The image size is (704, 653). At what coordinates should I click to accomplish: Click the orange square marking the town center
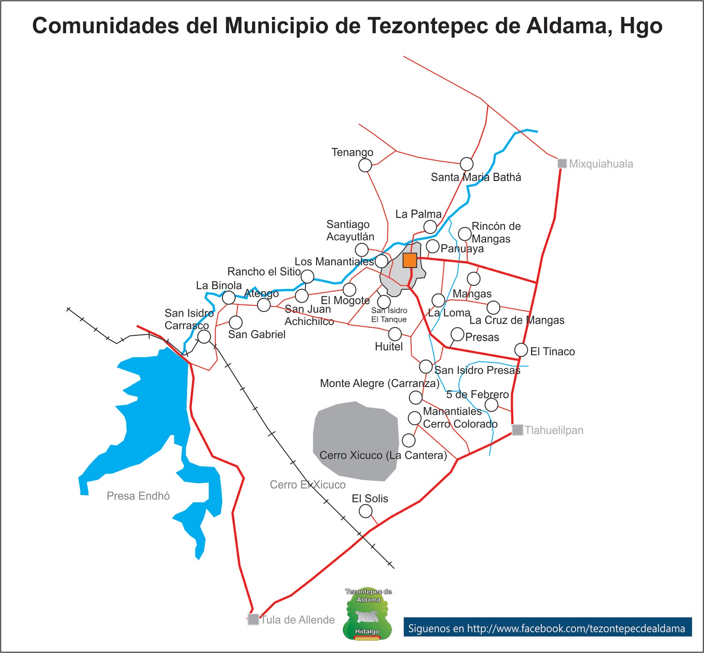pos(410,260)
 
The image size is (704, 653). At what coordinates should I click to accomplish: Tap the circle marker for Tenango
pos(365,165)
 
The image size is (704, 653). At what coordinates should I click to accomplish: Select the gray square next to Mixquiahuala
pos(562,164)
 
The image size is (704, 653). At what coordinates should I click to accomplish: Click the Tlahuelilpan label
pos(554,430)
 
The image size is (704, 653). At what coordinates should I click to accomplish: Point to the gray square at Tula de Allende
pos(253,619)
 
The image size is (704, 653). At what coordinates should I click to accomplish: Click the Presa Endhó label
pos(138,496)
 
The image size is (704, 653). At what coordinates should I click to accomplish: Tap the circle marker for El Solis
pos(366,511)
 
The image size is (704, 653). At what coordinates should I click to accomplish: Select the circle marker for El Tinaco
pos(521,350)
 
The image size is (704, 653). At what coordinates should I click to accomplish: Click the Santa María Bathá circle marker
pos(466,164)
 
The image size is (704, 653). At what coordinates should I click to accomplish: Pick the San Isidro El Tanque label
pos(389,315)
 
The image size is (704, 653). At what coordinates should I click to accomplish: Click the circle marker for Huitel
pos(395,334)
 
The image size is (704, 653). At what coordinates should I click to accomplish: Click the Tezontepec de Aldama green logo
pos(367,613)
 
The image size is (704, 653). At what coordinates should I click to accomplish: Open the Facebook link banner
pos(547,628)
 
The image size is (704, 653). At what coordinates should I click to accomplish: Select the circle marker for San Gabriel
pos(236,322)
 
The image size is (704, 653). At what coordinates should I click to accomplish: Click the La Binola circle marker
pos(228,298)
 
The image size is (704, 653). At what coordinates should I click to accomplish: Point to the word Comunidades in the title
pos(106,26)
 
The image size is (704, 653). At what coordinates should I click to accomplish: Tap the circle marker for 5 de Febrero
pos(491,405)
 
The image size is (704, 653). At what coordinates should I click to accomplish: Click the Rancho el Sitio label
pos(264,272)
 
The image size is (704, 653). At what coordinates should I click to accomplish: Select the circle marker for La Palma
pos(430,227)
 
